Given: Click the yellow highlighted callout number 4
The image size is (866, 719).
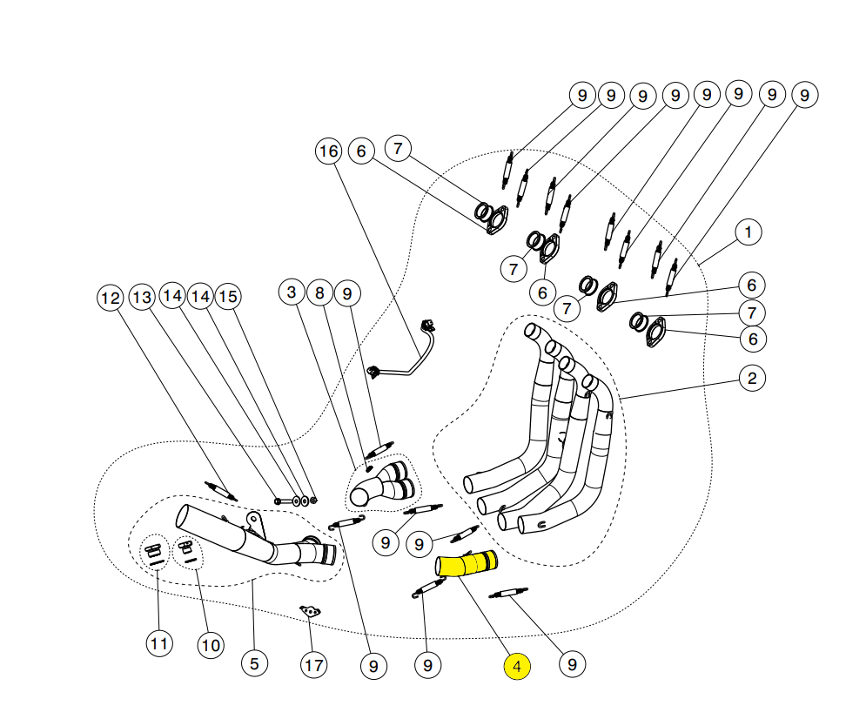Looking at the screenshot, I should (x=517, y=667).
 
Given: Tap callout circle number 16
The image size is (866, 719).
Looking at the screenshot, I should (x=327, y=151).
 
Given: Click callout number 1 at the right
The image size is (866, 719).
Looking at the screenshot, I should (x=748, y=232).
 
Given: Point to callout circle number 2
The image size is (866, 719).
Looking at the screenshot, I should (x=752, y=378).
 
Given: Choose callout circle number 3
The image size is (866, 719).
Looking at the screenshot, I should (x=292, y=293).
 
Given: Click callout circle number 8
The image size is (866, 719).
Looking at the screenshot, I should (x=319, y=293).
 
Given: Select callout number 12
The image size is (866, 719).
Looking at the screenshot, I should (x=110, y=298).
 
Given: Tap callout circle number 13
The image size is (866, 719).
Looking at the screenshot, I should (x=142, y=298).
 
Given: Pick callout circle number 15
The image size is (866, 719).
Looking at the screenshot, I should (x=228, y=297).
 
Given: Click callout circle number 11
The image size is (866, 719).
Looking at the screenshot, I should (x=158, y=644).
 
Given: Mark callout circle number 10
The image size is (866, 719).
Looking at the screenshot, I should (x=211, y=645).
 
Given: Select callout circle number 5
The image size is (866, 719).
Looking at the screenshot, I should (x=253, y=663).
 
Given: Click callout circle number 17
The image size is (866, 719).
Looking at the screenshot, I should (x=314, y=666).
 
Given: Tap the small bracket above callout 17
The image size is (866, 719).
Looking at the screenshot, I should (x=310, y=611).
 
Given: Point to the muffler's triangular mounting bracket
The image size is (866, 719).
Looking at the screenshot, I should (x=254, y=524).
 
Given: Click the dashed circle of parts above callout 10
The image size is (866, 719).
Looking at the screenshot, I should (x=186, y=551).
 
